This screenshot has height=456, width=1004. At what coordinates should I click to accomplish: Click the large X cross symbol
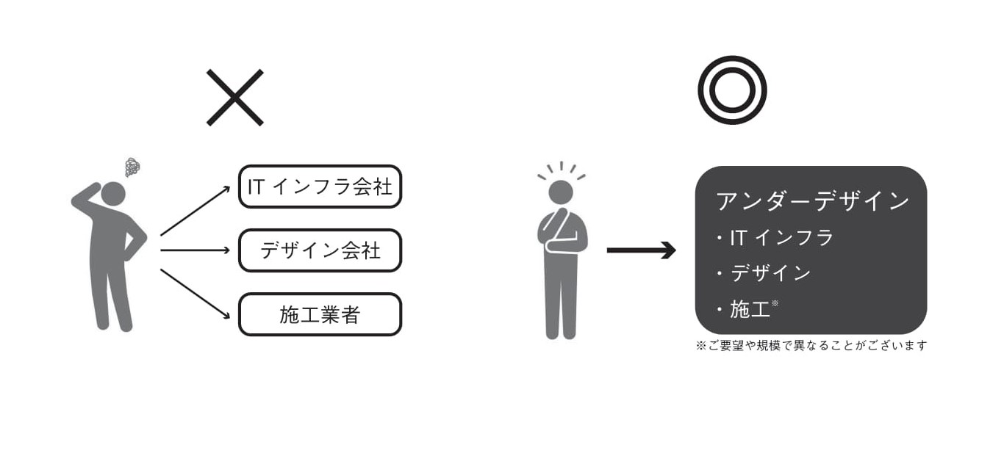pyautogui.click(x=235, y=97)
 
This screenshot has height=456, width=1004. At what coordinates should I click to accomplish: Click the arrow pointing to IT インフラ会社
pyautogui.click(x=196, y=211)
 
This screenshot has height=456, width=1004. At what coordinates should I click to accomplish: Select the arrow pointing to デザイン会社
pyautogui.click(x=196, y=250)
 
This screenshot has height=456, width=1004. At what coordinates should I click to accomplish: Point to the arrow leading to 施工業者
pyautogui.click(x=196, y=294)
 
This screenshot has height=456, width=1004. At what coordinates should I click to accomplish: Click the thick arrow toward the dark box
pyautogui.click(x=642, y=250)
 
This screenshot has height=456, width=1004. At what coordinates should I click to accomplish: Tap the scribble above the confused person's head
pyautogui.click(x=132, y=167)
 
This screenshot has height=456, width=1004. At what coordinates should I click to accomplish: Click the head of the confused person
pyautogui.click(x=113, y=194)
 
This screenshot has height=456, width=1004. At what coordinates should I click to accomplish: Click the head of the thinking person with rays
pyautogui.click(x=561, y=192)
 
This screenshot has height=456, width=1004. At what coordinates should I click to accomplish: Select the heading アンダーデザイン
pyautogui.click(x=812, y=201)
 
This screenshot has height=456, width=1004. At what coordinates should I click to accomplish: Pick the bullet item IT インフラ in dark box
pyautogui.click(x=775, y=237)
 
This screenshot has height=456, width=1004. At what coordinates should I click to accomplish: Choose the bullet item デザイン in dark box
pyautogui.click(x=764, y=273)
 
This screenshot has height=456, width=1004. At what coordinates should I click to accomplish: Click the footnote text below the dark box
pyautogui.click(x=811, y=345)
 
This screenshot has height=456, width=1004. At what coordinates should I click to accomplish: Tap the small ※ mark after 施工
pyautogui.click(x=775, y=304)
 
